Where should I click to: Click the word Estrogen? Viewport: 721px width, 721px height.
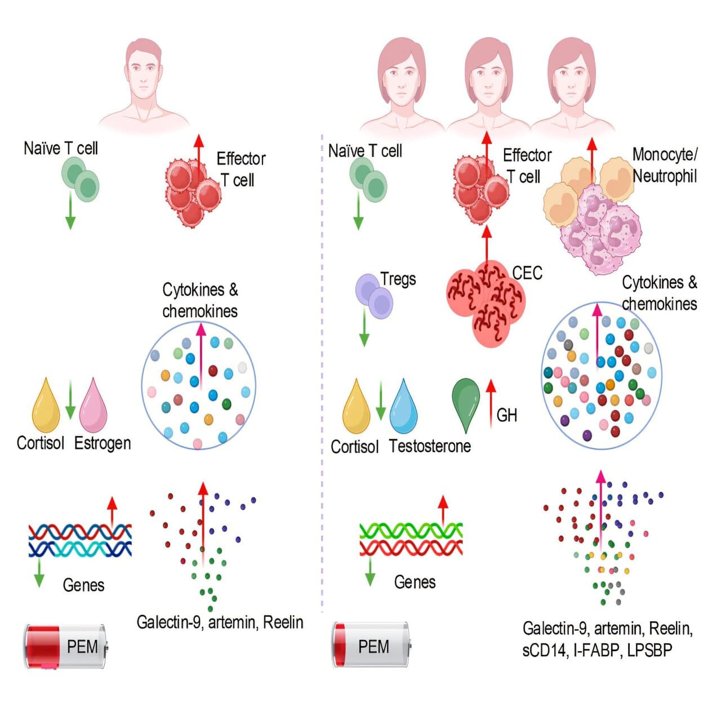pyautogui.click(x=103, y=443)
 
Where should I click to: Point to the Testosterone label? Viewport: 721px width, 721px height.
pyautogui.click(x=430, y=446)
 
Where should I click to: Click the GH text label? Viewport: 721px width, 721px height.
pyautogui.click(x=506, y=416)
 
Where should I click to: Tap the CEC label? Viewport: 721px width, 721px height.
pyautogui.click(x=527, y=273)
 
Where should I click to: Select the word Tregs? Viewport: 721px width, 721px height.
pyautogui.click(x=398, y=279)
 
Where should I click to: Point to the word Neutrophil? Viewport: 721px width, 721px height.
pyautogui.click(x=665, y=176)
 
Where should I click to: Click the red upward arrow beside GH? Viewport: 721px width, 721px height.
pyautogui.click(x=491, y=402)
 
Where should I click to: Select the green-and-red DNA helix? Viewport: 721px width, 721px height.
pyautogui.click(x=411, y=538)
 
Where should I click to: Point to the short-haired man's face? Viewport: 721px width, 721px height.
pyautogui.click(x=143, y=76)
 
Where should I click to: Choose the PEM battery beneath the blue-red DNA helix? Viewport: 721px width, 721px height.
pyautogui.click(x=65, y=646)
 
